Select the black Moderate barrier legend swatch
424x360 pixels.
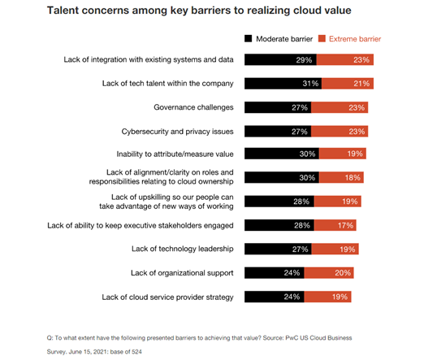[x=249, y=38]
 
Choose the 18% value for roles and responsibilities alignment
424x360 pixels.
[x=351, y=177]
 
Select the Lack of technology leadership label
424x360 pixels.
[x=182, y=249]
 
